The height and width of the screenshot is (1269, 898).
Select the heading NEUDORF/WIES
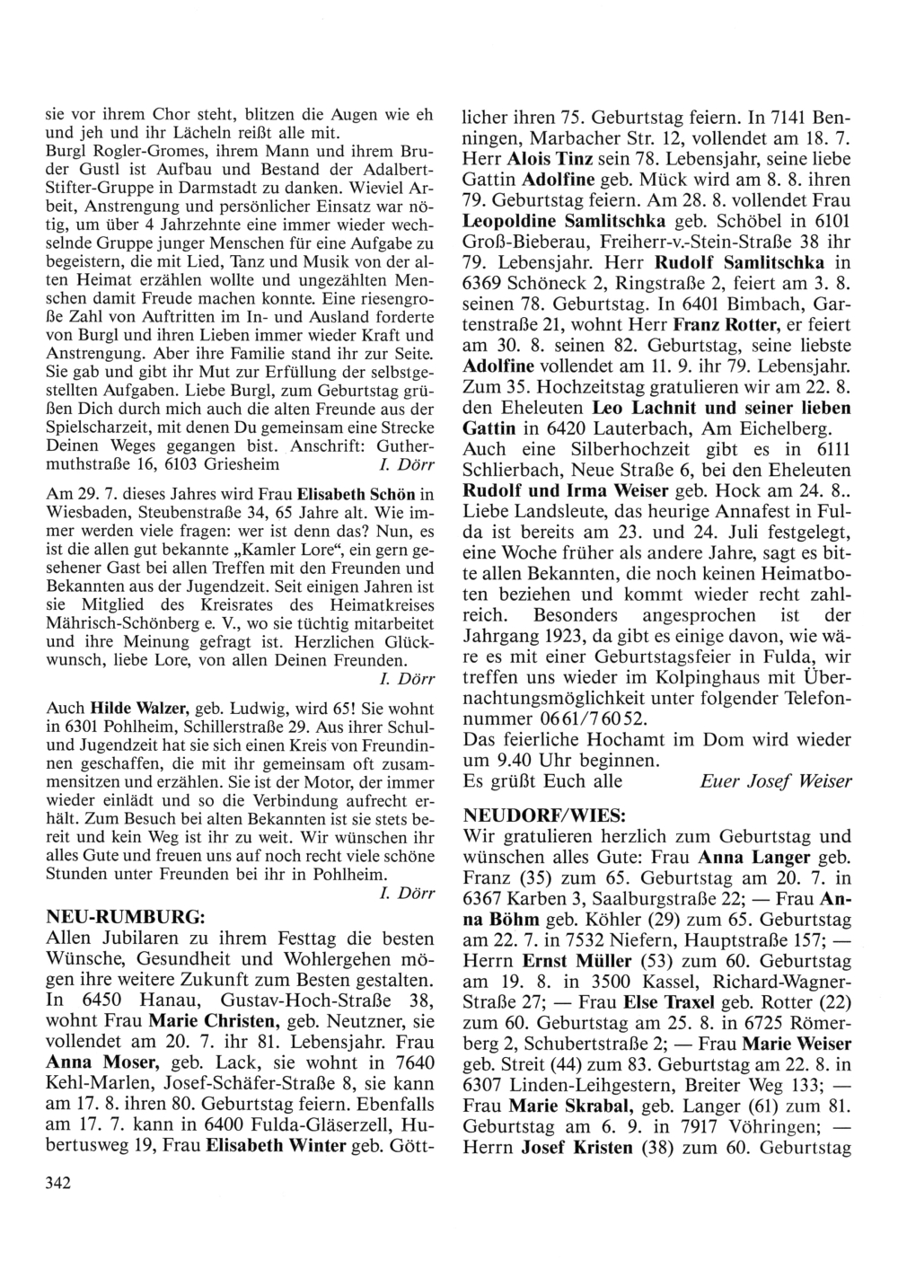(530, 816)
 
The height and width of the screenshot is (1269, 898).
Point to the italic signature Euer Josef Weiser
(775, 781)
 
